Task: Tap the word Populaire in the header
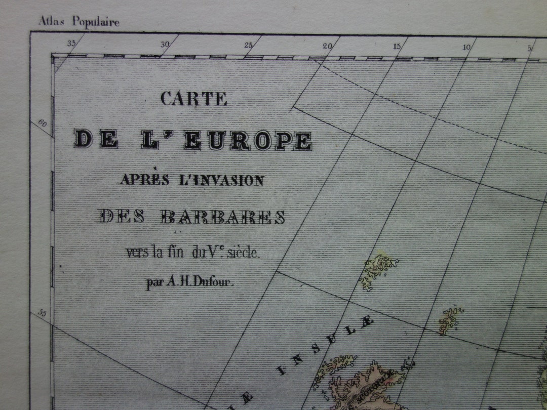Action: [x=95, y=22]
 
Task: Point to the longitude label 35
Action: [x=71, y=44]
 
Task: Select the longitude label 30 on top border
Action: [x=165, y=45]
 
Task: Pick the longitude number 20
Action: [x=327, y=46]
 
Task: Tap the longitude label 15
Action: [x=397, y=47]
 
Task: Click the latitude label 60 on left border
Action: [x=42, y=123]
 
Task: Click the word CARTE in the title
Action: [x=193, y=98]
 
